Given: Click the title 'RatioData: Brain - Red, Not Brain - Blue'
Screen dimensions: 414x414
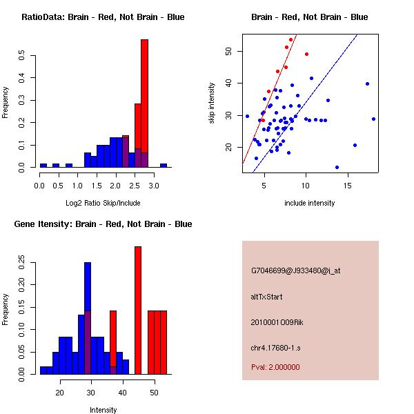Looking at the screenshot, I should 102,17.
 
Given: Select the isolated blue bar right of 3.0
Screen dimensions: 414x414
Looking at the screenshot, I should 164,166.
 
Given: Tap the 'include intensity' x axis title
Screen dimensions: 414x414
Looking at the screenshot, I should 310,203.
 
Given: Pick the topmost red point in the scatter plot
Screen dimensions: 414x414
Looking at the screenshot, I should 291,40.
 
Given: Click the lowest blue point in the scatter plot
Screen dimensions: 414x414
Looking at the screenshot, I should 337,167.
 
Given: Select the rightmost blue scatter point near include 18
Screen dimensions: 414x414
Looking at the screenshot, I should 373,119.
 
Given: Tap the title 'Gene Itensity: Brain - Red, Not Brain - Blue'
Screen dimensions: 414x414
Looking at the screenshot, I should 102,224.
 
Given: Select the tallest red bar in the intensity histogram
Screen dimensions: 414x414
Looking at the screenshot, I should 138,310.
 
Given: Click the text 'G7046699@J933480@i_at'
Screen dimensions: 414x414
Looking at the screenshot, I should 295,270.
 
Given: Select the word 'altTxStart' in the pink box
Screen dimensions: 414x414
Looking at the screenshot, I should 267,297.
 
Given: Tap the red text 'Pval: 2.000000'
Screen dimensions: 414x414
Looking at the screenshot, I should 275,367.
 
